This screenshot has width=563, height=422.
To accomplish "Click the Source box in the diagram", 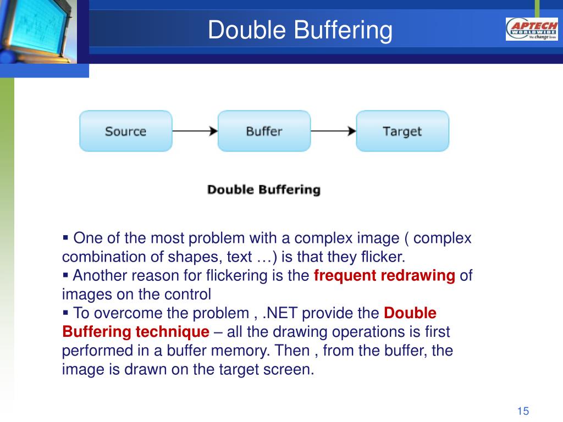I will point(126,131).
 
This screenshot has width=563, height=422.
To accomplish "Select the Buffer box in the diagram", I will point(264,131).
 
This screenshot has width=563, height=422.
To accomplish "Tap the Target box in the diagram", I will point(402,131).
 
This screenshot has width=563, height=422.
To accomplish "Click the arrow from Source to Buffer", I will point(195,131).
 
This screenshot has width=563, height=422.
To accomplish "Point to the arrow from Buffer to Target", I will point(333,131).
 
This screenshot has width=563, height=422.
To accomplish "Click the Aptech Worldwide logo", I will point(531,29).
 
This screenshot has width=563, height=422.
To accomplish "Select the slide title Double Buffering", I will point(300,30).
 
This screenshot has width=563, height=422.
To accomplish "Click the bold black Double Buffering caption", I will point(263,190).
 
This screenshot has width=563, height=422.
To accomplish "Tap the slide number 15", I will point(522,411).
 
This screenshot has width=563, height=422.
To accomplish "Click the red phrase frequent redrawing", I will point(384,276).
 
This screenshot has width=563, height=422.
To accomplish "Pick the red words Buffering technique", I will point(135,332).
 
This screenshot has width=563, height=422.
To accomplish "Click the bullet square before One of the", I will point(66,238).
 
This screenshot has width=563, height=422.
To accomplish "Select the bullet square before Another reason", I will point(66,275).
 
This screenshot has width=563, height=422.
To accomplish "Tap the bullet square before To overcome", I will point(66,312).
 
